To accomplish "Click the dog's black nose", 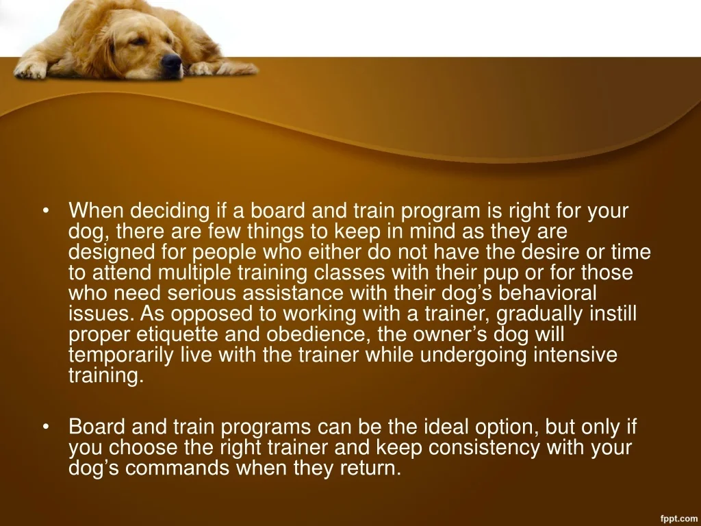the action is [x=171, y=62].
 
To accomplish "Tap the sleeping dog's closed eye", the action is [x=139, y=42].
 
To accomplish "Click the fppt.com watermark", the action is [x=678, y=518].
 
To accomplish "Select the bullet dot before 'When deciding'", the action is [x=46, y=210].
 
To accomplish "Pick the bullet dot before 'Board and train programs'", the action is [x=46, y=427].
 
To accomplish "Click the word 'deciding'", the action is [x=170, y=212].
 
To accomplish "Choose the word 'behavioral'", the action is [x=547, y=293].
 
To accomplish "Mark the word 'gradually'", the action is [x=539, y=314].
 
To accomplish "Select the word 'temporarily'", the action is [x=120, y=355].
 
